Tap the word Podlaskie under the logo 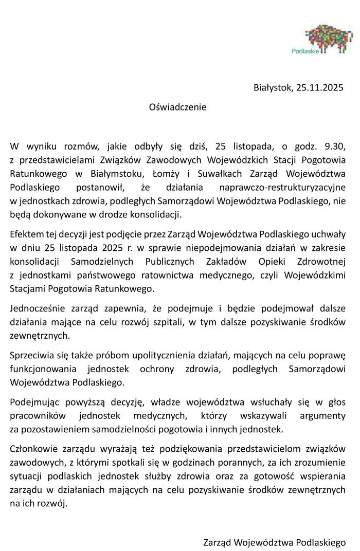(x=304, y=51)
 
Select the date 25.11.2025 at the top (x=319, y=88)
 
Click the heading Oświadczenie (x=177, y=107)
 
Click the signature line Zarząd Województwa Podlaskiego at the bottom (x=274, y=542)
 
